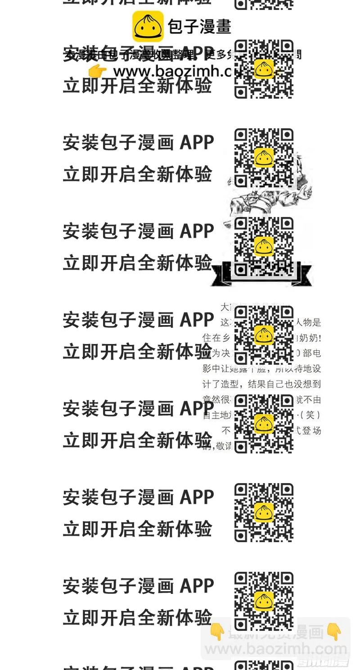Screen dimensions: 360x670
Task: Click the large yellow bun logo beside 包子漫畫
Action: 148,26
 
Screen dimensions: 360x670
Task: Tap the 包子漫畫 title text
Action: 199,26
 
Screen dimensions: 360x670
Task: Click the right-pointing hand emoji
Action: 97,71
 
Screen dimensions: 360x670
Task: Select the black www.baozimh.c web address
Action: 171,71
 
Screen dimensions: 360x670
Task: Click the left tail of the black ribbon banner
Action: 220,275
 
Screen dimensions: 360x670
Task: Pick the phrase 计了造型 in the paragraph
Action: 220,384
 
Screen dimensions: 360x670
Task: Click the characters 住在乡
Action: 217,338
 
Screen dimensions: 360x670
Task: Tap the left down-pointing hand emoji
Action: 217,632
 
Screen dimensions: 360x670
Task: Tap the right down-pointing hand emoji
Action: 334,632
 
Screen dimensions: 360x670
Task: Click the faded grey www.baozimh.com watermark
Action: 276,649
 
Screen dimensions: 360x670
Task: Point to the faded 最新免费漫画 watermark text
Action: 276,633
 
